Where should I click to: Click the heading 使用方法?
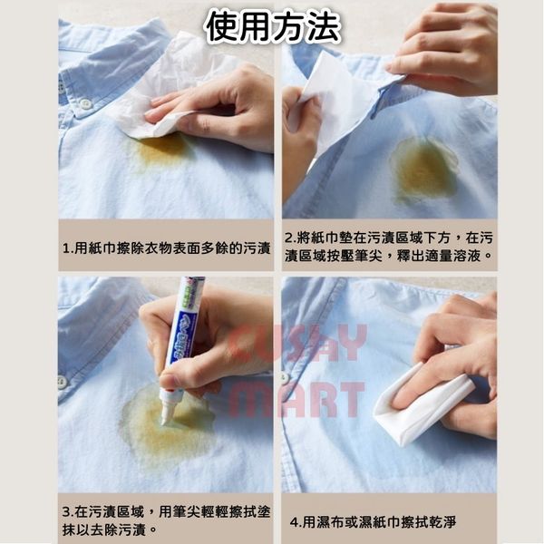point(273,27)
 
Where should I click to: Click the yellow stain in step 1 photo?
point(161,150)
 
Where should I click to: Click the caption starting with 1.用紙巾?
point(167,248)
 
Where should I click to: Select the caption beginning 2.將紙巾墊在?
point(389,247)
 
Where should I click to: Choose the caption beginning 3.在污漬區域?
point(166,520)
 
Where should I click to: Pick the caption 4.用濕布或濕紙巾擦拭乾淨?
point(373,522)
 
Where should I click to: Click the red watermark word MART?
point(296,400)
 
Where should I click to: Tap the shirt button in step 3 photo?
point(63,382)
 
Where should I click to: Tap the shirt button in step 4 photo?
point(286,377)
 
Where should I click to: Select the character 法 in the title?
point(323,27)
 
